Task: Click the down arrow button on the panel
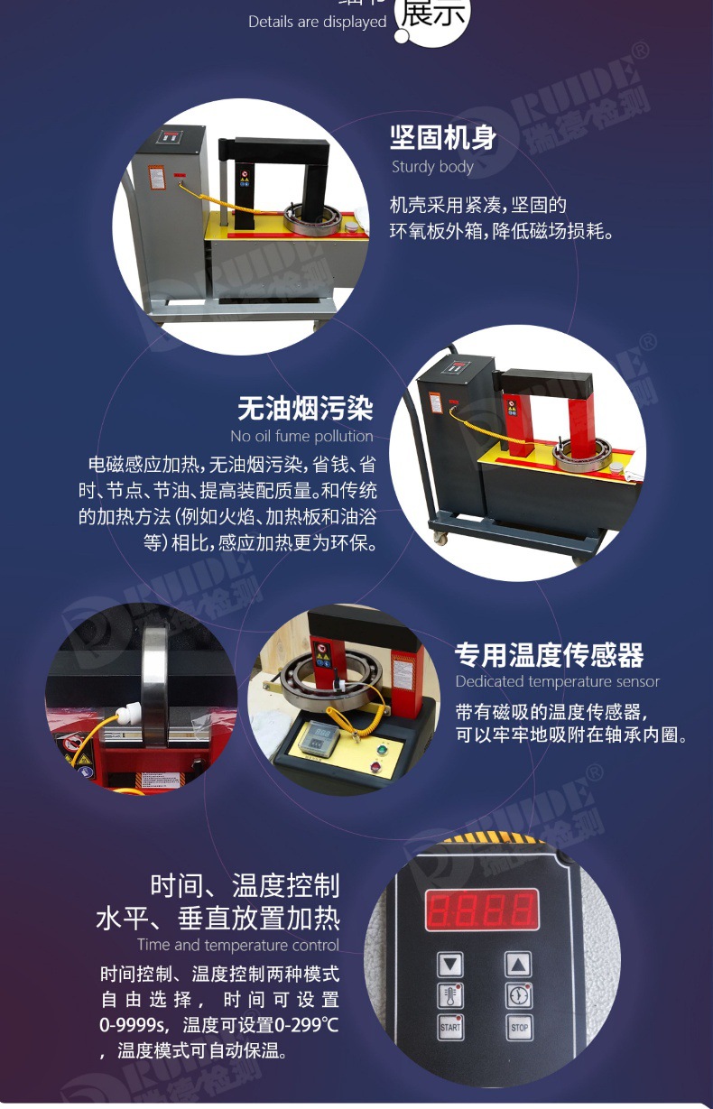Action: [x=450, y=965]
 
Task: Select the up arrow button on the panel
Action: [x=518, y=965]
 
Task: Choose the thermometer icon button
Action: [x=450, y=995]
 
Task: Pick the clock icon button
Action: [x=518, y=995]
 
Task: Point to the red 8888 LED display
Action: [x=482, y=910]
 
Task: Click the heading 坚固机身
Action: [x=443, y=138]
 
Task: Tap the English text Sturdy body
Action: [x=432, y=166]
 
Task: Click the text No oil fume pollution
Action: [x=301, y=436]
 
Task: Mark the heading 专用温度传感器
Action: [x=549, y=654]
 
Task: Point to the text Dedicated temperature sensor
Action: [x=557, y=681]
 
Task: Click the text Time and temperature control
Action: [x=238, y=945]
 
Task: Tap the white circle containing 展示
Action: [x=433, y=16]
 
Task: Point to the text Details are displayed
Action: [x=317, y=22]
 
